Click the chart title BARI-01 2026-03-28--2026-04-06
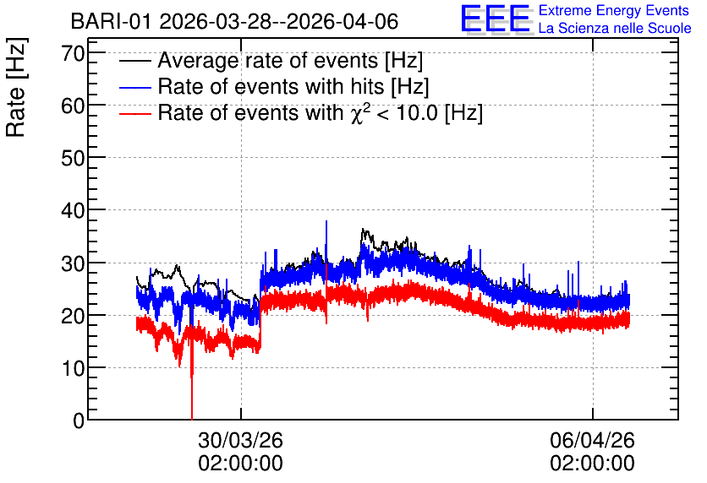[x=234, y=21]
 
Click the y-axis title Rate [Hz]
[x=16, y=87]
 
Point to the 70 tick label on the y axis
[x=73, y=53]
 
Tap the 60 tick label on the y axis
[x=73, y=106]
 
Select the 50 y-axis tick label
[x=73, y=159]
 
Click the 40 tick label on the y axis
[x=73, y=210]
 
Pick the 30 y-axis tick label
[x=73, y=263]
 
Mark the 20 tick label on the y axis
[x=73, y=316]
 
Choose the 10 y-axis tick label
[x=73, y=368]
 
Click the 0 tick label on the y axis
[x=79, y=421]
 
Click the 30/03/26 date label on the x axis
[x=240, y=440]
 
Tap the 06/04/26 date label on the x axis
[x=592, y=440]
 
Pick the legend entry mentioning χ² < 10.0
[x=321, y=112]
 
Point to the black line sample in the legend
[x=134, y=61]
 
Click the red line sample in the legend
[x=134, y=113]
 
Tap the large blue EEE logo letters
[x=495, y=19]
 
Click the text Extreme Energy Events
[x=614, y=10]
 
